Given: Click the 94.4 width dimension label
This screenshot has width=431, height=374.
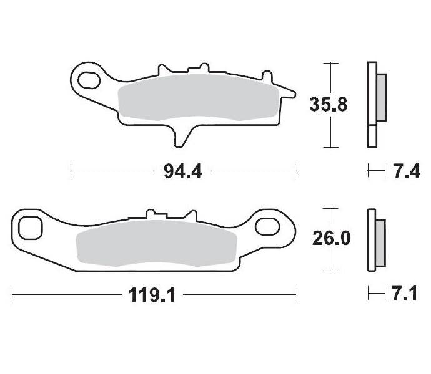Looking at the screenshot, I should tap(183, 170).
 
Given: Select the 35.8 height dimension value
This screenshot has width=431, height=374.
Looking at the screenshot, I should tap(329, 105).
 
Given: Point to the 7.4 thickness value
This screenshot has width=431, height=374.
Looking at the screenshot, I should tap(405, 170).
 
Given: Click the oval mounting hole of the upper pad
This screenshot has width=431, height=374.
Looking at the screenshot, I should tap(86, 79).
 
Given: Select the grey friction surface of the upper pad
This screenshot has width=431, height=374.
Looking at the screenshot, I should tap(194, 98).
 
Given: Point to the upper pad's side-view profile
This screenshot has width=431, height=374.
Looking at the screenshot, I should tap(373, 105).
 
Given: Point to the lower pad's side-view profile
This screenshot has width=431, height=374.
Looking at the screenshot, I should tap(373, 239).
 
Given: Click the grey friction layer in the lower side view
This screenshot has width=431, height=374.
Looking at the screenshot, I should tap(380, 239).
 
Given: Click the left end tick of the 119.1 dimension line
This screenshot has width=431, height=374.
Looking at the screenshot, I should tap(12, 294).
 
